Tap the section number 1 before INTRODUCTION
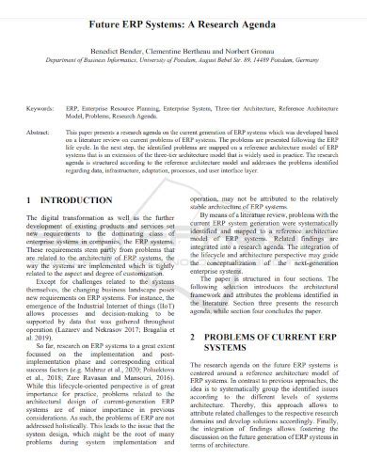[31, 228]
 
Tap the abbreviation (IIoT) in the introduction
[163, 340]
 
